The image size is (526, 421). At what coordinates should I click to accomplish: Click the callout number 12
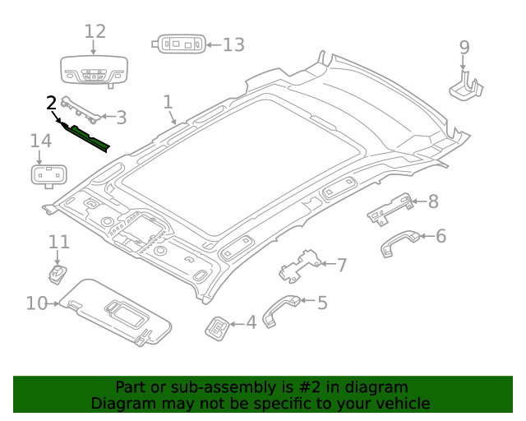coord(95,31)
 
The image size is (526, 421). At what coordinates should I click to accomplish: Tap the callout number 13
coord(233,44)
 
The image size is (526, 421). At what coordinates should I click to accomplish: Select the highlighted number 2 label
coord(51,103)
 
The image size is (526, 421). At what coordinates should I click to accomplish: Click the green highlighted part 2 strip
coord(89,137)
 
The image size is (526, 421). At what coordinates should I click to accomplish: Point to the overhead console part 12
coord(95,72)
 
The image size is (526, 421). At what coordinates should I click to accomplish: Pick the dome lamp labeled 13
coord(178,44)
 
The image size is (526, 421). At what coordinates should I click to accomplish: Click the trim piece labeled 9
coord(466,85)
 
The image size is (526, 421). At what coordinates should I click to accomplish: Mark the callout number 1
coord(168,102)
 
